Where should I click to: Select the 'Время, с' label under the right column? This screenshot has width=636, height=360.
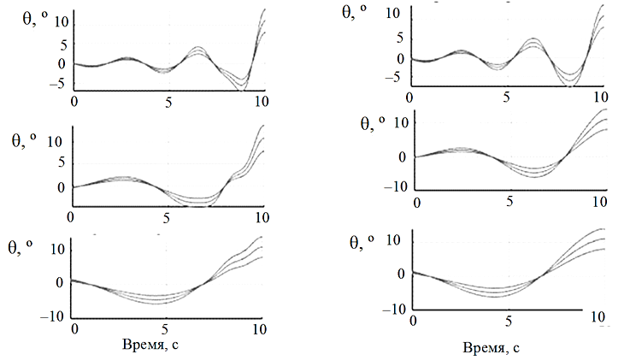tap(492, 348)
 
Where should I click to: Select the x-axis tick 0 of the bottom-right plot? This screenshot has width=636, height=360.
tap(415, 321)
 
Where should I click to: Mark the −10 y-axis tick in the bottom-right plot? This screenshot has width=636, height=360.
tap(393, 308)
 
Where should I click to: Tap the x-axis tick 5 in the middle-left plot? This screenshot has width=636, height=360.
tap(165, 216)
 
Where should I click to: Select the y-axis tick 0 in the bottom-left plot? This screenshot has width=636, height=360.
tap(60, 281)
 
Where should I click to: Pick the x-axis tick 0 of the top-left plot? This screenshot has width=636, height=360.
tap(74, 101)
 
